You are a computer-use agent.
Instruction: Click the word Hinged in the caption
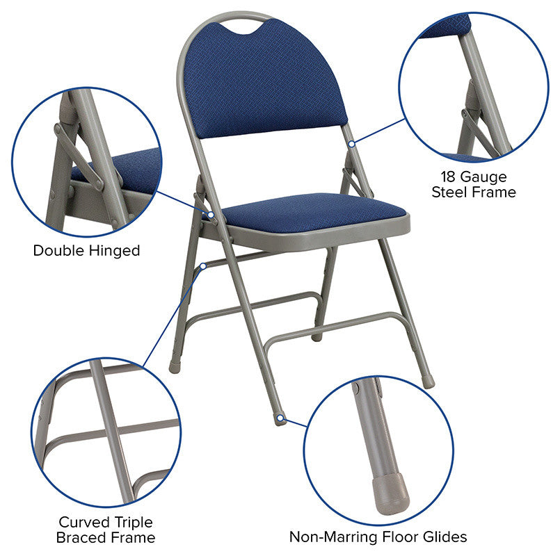click(x=114, y=251)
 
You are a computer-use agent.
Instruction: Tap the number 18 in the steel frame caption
click(x=448, y=177)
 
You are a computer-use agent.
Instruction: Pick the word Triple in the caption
click(x=131, y=523)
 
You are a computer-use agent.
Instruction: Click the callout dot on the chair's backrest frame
click(x=352, y=144)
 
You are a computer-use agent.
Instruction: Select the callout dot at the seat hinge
click(x=211, y=215)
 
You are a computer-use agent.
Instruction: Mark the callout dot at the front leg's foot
click(x=281, y=418)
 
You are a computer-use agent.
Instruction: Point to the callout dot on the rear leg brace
click(x=203, y=266)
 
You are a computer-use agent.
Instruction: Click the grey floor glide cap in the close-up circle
click(x=390, y=493)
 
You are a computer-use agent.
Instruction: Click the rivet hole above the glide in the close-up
click(x=355, y=388)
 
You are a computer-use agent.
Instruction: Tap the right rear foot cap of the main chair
click(x=429, y=382)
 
